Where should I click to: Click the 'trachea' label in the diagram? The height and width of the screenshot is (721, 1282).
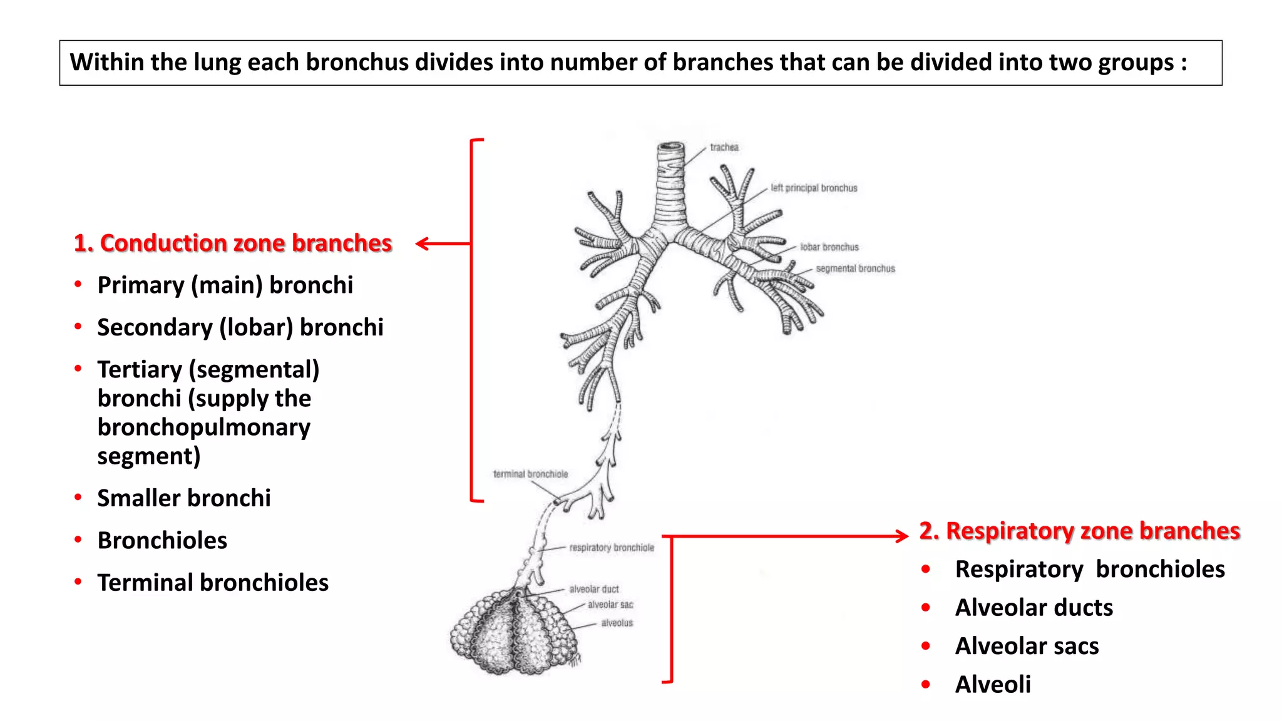click(x=724, y=148)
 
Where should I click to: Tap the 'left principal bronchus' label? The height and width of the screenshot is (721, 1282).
click(x=814, y=188)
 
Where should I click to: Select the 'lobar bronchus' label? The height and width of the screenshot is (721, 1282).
click(x=829, y=247)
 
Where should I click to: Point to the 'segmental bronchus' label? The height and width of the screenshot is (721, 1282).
click(x=855, y=268)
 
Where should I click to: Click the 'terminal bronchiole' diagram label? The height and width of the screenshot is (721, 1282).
click(x=530, y=474)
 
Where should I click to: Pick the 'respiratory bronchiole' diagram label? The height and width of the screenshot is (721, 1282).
click(x=611, y=548)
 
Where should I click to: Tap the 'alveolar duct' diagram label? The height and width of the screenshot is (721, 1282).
click(x=593, y=589)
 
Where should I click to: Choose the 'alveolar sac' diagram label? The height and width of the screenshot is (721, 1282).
click(x=610, y=605)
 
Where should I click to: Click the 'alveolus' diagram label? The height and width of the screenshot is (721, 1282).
click(x=617, y=623)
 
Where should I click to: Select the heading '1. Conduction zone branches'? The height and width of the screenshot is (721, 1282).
click(x=233, y=243)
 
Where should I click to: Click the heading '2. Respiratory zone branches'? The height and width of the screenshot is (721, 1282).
click(x=1079, y=531)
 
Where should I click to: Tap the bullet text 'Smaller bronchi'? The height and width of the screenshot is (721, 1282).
click(x=184, y=498)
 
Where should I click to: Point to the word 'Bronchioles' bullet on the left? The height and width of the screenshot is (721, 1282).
click(x=162, y=541)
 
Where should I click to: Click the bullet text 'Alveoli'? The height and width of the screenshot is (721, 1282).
click(x=993, y=685)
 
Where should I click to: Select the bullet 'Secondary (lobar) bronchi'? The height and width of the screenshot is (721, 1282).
click(x=240, y=327)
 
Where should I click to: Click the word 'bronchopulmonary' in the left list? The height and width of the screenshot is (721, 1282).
click(x=203, y=427)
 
